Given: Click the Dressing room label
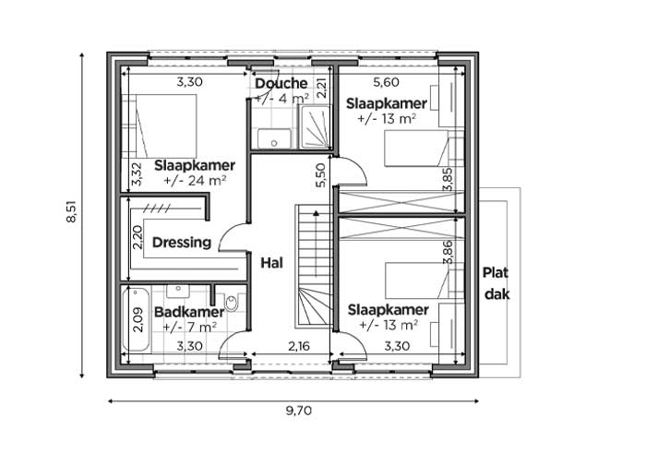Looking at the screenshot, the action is click(182, 243).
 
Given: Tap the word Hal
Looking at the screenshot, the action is click(272, 263).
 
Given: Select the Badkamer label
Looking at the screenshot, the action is click(189, 312).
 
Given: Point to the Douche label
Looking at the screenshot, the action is click(281, 83).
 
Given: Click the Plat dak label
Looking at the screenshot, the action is click(496, 283).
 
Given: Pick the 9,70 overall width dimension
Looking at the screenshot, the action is click(299, 411).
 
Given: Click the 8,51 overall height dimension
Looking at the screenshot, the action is click(71, 211).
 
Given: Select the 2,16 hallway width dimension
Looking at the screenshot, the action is click(299, 346).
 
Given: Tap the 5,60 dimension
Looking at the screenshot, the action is click(386, 82).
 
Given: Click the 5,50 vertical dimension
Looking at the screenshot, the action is click(320, 175).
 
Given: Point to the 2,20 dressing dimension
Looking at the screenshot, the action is click(138, 237).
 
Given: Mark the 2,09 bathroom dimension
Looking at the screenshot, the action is click(138, 320).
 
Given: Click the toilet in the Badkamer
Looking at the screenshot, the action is click(231, 303).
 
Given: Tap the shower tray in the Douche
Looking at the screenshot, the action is click(315, 126).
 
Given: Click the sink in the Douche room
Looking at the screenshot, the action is click(274, 138).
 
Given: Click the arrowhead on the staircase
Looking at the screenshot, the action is click(316, 213).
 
